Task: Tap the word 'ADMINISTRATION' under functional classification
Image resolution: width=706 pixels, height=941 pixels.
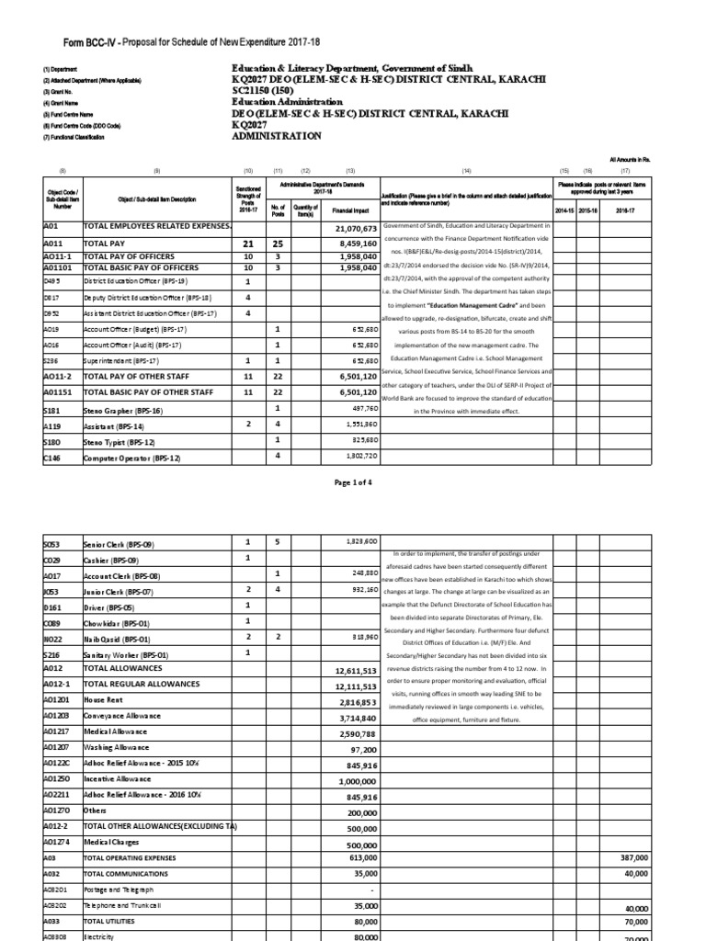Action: (277, 136)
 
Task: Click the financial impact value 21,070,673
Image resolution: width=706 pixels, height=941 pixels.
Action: (351, 228)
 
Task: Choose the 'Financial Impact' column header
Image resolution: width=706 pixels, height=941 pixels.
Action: (350, 210)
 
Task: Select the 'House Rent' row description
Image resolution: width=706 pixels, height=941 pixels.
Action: (102, 699)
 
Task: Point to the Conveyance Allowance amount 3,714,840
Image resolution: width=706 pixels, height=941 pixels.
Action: (352, 717)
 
